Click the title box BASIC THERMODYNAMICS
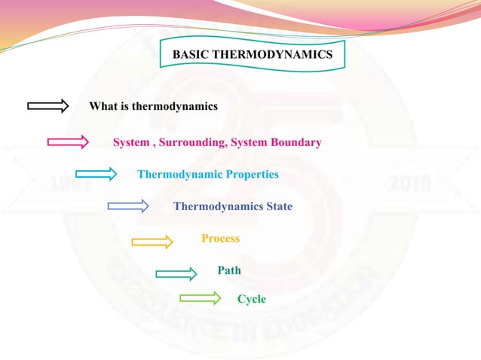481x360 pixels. (x=253, y=56)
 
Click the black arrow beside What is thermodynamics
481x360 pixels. (x=48, y=106)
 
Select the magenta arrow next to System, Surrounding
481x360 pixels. (x=68, y=142)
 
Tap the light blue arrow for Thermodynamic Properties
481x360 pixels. (x=96, y=175)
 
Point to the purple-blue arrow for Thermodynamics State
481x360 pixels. (x=128, y=206)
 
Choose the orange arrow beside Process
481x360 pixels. (x=152, y=241)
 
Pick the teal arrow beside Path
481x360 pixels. (x=176, y=273)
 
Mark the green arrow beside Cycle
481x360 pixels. (x=200, y=299)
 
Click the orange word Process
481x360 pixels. (x=220, y=239)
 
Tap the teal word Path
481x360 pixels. (x=229, y=270)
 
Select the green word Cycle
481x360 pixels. (x=252, y=299)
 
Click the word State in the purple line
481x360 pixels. (x=277, y=206)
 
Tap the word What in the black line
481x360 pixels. (x=103, y=106)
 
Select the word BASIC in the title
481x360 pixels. (x=191, y=56)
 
